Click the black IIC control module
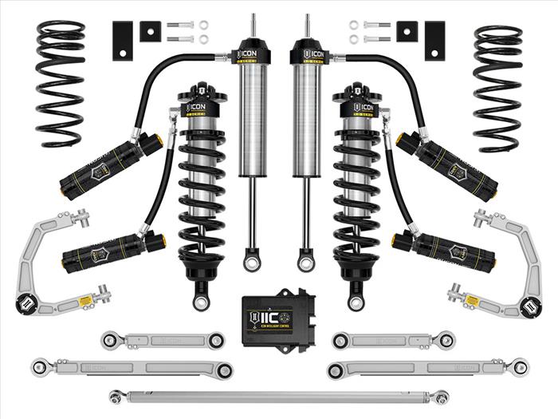click(278, 314)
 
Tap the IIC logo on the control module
click(269, 314)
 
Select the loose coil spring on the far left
click(61, 83)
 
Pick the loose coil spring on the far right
click(497, 88)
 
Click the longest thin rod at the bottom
click(279, 395)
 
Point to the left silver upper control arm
click(48, 255)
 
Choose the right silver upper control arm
click(510, 255)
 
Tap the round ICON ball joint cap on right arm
click(529, 304)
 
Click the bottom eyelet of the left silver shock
click(253, 261)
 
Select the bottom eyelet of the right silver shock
click(305, 261)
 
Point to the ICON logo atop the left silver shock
click(245, 55)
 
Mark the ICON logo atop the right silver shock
click(313, 55)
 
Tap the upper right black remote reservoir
click(448, 164)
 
